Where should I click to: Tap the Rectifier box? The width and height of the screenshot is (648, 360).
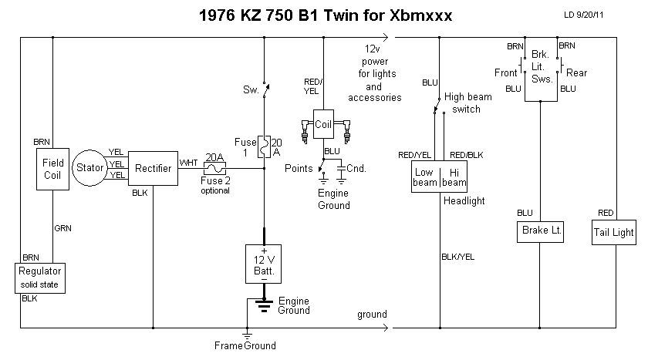tap(153, 167)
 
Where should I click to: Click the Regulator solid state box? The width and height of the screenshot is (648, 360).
tap(40, 278)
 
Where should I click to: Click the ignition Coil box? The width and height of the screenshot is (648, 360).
tap(322, 123)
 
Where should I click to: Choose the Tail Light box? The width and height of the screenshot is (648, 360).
tap(614, 231)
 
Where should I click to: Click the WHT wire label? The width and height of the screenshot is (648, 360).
tap(188, 163)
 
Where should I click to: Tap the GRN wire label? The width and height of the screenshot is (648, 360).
tap(62, 228)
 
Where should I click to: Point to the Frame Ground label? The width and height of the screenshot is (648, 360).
tap(245, 345)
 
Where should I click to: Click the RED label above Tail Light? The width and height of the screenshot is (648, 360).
tap(606, 212)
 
